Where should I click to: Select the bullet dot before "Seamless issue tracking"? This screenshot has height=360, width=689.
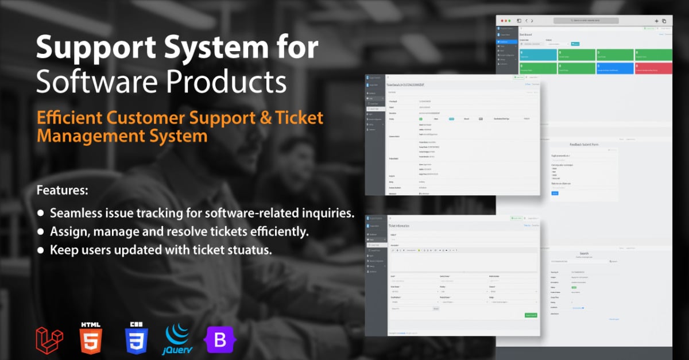(x=41, y=213)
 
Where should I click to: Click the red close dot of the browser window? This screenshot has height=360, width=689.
(x=503, y=20)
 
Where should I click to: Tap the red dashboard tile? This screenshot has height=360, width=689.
(x=653, y=68)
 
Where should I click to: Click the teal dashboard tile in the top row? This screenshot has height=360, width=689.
(x=536, y=55)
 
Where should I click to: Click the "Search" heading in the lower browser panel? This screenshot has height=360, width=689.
(x=583, y=253)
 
